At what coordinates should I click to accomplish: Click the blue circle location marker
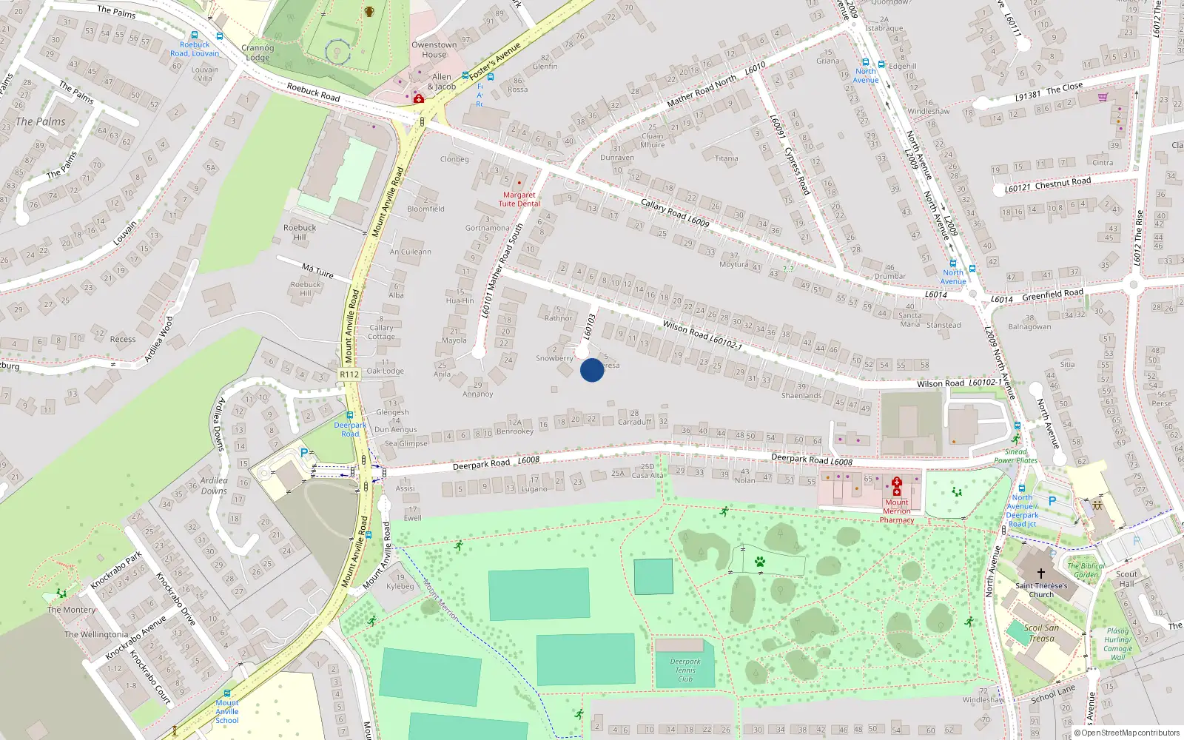point(592,369)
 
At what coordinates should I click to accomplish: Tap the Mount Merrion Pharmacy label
point(897,511)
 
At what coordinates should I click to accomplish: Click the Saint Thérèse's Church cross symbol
point(1041,573)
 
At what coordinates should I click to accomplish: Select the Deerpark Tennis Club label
point(685,670)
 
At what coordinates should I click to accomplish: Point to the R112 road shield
point(349,374)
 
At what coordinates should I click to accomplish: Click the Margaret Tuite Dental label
point(519,199)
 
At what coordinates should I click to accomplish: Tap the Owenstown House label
point(434,50)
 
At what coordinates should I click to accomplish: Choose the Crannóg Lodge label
point(258,53)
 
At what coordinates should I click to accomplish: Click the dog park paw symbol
point(760,562)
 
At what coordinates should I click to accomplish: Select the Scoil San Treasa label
point(1041,633)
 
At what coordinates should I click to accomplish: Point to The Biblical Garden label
point(1086,570)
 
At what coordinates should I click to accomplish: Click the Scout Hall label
point(1126,579)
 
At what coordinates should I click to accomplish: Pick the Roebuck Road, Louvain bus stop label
point(195,49)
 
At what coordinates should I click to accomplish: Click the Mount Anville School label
point(227,711)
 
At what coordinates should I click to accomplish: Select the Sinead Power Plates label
point(1015,456)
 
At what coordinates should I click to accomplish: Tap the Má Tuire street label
point(317,271)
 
